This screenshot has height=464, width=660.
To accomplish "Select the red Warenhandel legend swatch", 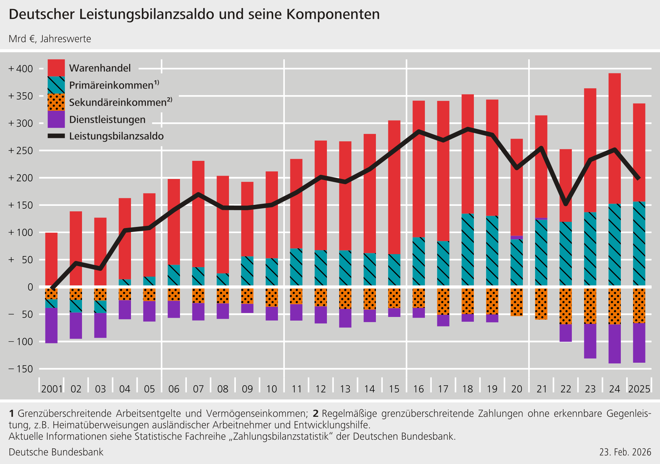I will [56, 68].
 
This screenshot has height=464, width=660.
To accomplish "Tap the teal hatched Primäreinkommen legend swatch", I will [56, 85].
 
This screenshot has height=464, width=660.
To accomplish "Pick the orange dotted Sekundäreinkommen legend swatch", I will [56, 102].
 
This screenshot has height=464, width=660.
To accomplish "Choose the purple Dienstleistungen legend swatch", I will [56, 119].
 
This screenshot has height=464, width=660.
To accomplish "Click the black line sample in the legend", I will [56, 136].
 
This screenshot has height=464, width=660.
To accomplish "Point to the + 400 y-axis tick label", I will [21, 69].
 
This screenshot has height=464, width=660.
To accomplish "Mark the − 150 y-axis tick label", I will [21, 369].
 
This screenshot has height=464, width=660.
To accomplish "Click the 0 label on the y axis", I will [30, 287].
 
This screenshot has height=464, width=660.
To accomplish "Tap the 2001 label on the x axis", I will [52, 389].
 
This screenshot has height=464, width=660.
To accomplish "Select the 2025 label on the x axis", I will [639, 389].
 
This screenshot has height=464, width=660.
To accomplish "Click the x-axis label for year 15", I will [394, 389].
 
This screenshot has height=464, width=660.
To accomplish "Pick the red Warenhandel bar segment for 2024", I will [615, 138].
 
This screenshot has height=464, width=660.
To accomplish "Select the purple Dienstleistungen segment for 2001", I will [51, 325].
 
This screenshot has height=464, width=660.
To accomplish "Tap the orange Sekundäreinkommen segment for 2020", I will [517, 302].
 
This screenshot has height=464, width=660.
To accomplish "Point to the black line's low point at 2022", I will [566, 203].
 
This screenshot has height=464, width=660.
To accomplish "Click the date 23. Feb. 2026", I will [625, 452].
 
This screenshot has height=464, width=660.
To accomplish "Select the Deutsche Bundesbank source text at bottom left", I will [56, 452].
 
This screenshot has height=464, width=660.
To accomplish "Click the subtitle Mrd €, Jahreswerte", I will [50, 39].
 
